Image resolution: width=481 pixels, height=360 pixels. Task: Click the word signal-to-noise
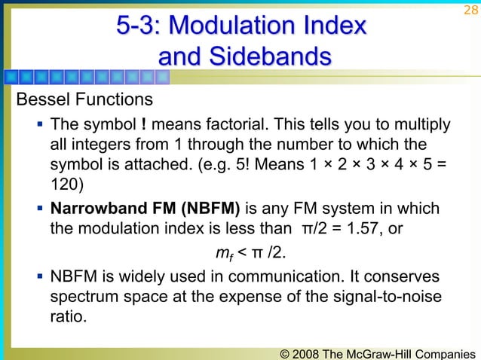[x=391, y=299]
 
